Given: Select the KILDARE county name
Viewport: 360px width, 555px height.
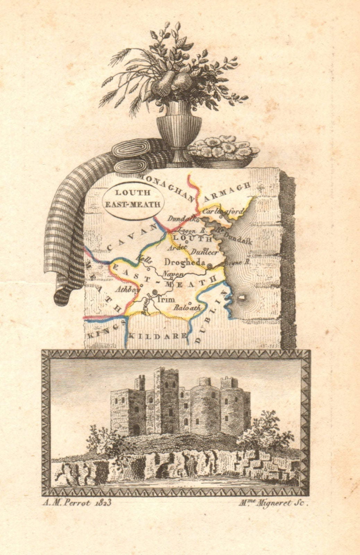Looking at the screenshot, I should [x=158, y=336].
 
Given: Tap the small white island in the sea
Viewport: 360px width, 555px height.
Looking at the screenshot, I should [x=242, y=298].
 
